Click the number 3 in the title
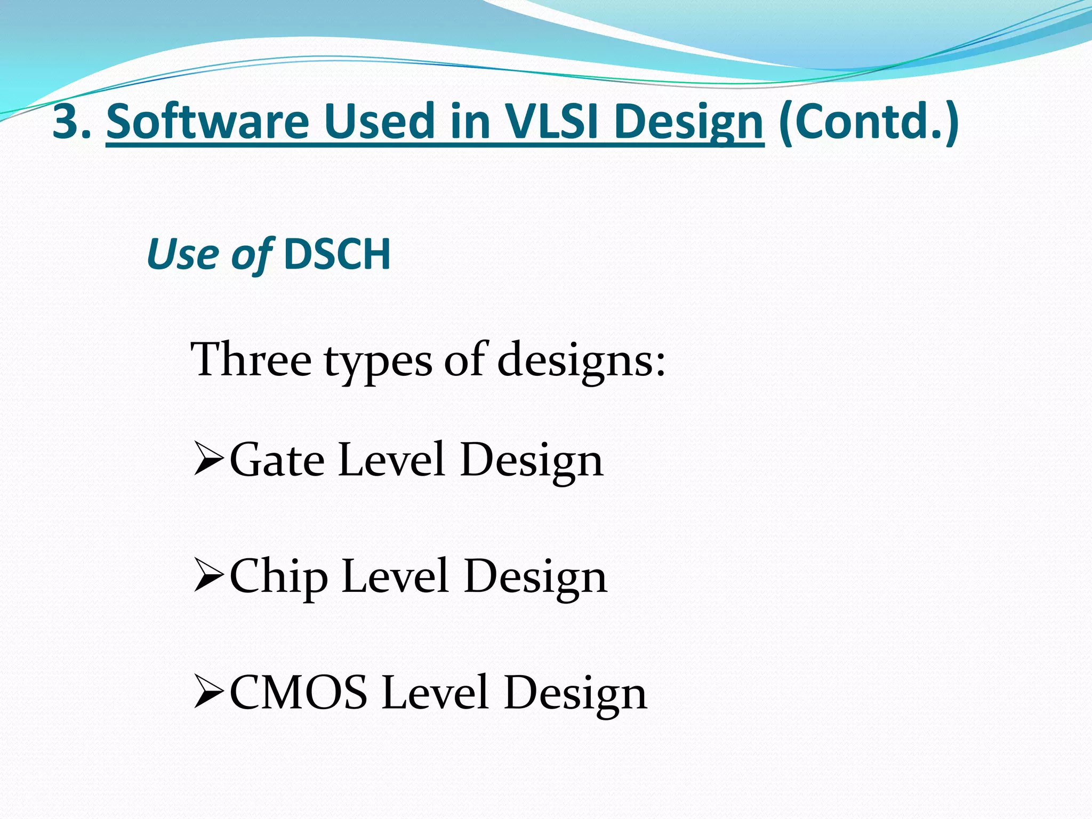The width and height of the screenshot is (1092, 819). coord(66,122)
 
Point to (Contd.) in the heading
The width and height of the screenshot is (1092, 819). coord(868,122)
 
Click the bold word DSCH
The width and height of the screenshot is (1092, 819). coord(338,254)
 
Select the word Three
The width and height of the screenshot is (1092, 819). coord(251,360)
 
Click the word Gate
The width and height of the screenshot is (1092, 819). coord(277,460)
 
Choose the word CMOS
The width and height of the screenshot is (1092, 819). coord(299,693)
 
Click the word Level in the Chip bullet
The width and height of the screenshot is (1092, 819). coord(395,576)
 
